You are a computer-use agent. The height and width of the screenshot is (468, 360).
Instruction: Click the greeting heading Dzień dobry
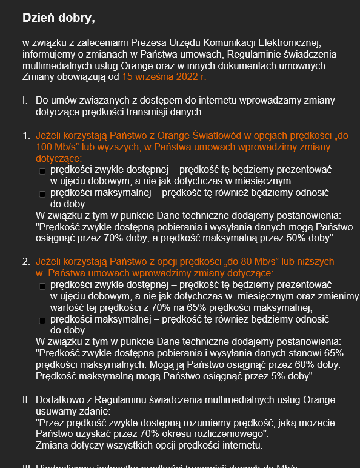click(x=58, y=18)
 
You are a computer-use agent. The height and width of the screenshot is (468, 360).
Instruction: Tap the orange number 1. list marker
click(x=26, y=135)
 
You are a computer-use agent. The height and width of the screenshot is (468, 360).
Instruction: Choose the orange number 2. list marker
click(x=26, y=261)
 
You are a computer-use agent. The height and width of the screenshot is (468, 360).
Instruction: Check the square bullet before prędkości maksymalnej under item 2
click(x=42, y=319)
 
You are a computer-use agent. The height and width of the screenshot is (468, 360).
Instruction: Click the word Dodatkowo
click(x=59, y=400)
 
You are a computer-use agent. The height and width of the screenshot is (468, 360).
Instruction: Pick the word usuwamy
click(x=55, y=412)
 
